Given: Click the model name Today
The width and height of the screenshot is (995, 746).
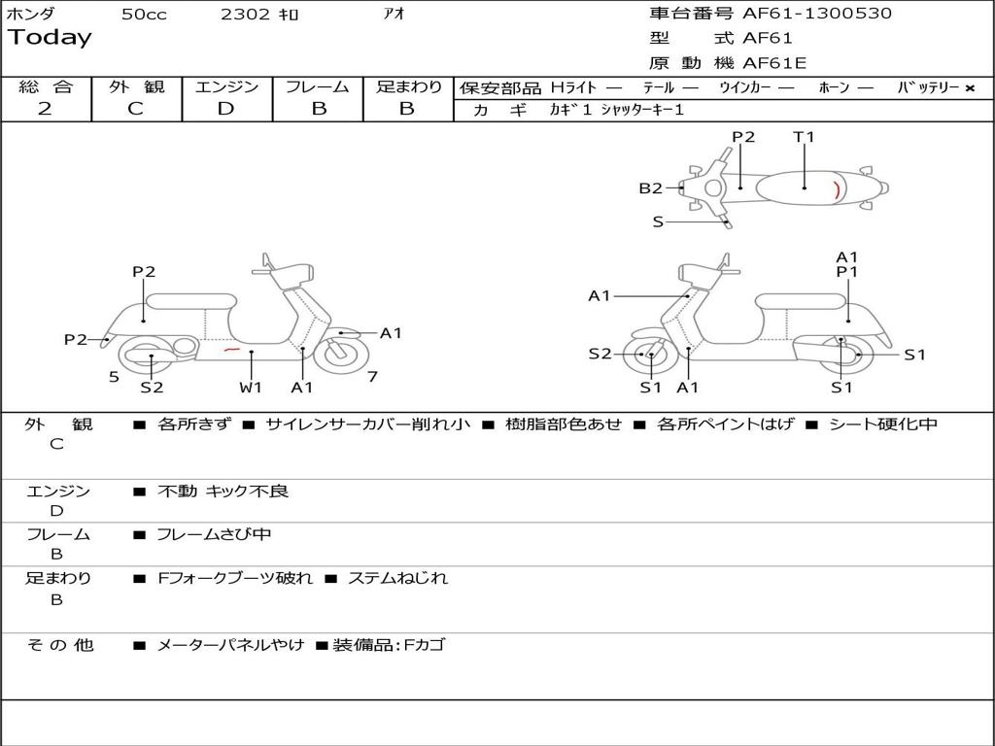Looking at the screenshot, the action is coord(50,38).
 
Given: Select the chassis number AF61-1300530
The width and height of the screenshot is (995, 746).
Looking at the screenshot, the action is coord(803,14).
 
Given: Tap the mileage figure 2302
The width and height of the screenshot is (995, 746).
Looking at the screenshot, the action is coord(245,15).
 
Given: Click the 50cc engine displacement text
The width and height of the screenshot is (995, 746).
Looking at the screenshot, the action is coord(144,15).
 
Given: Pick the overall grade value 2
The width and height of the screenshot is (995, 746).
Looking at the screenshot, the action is coord(45,109).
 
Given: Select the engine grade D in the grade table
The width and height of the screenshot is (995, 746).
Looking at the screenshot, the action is coord(225,109).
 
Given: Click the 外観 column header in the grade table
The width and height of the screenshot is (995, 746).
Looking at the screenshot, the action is coord(136,86).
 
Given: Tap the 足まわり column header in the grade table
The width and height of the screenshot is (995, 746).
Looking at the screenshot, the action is coord(408,86).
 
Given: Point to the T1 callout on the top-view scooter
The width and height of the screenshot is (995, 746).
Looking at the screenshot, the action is coord(804,137).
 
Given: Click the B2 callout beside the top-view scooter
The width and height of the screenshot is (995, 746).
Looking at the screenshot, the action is coord(650,188).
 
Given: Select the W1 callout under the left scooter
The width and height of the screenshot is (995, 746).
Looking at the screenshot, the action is coord(251,388).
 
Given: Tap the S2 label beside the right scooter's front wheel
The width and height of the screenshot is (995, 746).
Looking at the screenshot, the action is coord(600,354).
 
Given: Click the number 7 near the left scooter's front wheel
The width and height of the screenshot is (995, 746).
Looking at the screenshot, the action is coord(372,376).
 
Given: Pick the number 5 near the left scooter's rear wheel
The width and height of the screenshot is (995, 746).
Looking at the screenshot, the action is coord(114,376).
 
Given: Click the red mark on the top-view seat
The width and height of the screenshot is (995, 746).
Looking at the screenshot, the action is coord(837,189).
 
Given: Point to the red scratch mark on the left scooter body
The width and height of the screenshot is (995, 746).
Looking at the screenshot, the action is coord(231,348).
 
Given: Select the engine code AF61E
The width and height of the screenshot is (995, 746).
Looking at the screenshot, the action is coord(774,63).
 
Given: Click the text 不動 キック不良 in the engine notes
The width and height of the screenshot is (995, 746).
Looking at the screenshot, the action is coord(223,492).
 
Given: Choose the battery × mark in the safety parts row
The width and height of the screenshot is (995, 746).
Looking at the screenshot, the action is coord(969,87).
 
